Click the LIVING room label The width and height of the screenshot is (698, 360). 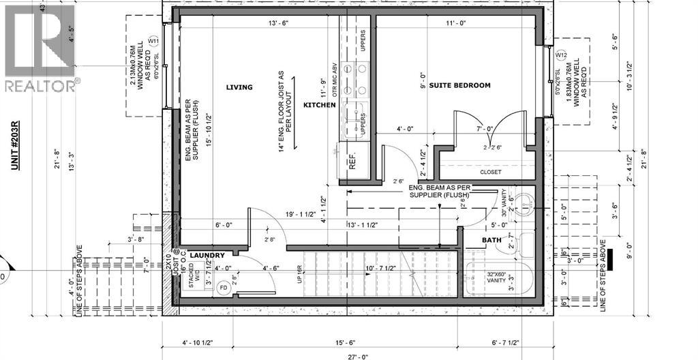[239, 87]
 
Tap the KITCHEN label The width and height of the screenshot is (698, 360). [320, 106]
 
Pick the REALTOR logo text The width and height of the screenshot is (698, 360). [41, 86]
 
